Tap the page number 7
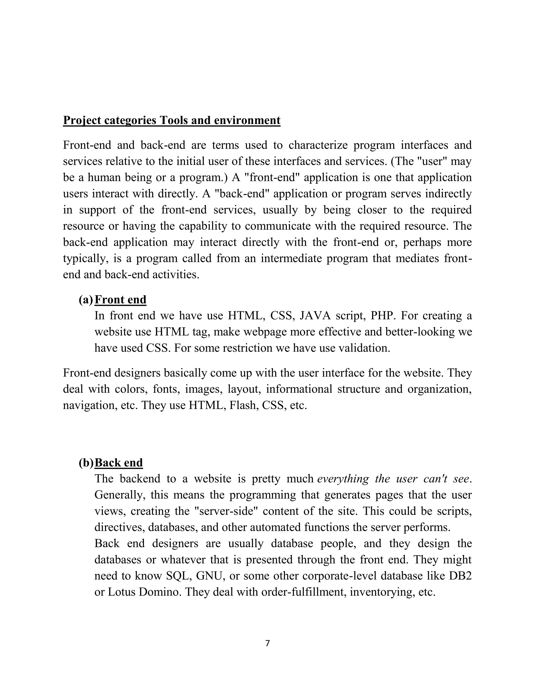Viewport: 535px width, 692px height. [x=267, y=643]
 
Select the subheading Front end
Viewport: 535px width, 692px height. [x=120, y=300]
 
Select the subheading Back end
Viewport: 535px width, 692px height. [x=119, y=463]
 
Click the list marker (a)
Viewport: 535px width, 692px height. [x=86, y=300]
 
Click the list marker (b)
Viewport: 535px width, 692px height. [x=86, y=463]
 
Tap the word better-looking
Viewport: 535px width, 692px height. [x=419, y=332]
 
